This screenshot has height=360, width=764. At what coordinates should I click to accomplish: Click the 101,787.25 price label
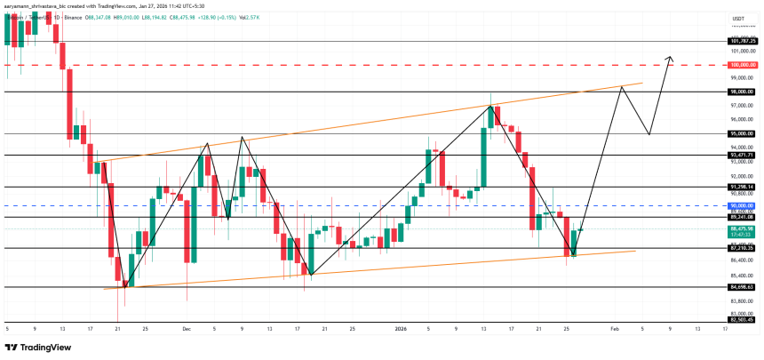point(742,41)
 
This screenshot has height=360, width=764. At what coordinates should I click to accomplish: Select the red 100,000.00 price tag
point(742,65)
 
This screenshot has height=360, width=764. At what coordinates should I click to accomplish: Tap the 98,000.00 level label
point(742,92)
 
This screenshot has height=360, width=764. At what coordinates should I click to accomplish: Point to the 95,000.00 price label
point(742,133)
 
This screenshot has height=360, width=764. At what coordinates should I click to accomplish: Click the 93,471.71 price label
point(742,155)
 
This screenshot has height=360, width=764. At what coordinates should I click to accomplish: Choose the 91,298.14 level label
point(742,187)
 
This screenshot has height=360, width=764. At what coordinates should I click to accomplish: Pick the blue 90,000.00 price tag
point(742,205)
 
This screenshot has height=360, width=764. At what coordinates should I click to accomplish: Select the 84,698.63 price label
point(742,287)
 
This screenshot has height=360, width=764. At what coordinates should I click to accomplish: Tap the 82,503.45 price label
point(742,318)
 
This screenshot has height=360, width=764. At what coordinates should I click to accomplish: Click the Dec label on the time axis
point(186,328)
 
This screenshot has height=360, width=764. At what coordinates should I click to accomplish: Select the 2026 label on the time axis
point(400,328)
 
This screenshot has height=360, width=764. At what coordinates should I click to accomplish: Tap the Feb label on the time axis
point(614,328)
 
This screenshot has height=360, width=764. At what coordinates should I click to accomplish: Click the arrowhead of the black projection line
point(671,59)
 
